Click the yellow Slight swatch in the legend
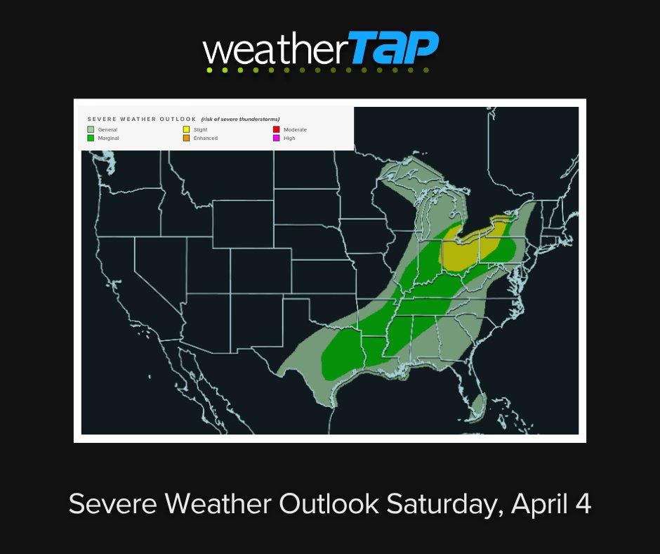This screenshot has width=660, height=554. [186, 129]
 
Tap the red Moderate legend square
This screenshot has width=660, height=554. [276, 129]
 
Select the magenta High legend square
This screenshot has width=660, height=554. [276, 138]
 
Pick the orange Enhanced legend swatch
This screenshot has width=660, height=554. [186, 138]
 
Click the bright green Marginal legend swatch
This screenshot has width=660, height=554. [91, 138]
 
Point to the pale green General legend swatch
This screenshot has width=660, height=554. [91, 129]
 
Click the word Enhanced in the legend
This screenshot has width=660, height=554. [206, 138]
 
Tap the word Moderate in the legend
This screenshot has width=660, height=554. [295, 129]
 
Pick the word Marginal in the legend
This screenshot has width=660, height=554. [109, 138]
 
